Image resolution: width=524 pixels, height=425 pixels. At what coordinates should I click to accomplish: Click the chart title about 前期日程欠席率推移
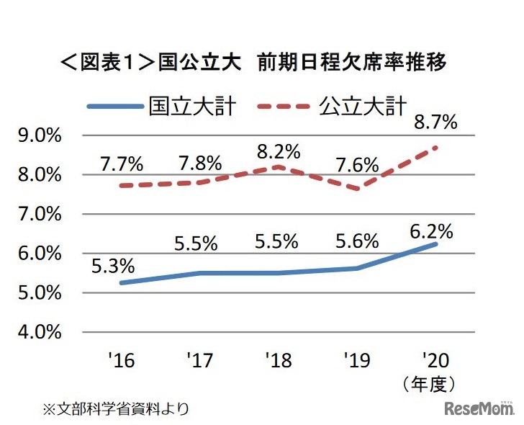[254, 63]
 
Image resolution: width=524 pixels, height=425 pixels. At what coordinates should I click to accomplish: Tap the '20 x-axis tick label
[435, 359]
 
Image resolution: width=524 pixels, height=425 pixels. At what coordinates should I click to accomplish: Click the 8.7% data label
[436, 122]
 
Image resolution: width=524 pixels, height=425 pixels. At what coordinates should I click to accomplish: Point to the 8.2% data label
[278, 151]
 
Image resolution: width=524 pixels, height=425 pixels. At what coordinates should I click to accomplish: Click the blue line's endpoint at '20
[435, 244]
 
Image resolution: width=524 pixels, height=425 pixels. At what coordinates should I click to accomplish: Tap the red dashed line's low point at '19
[356, 189]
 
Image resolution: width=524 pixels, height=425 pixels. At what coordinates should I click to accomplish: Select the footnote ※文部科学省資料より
[117, 409]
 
